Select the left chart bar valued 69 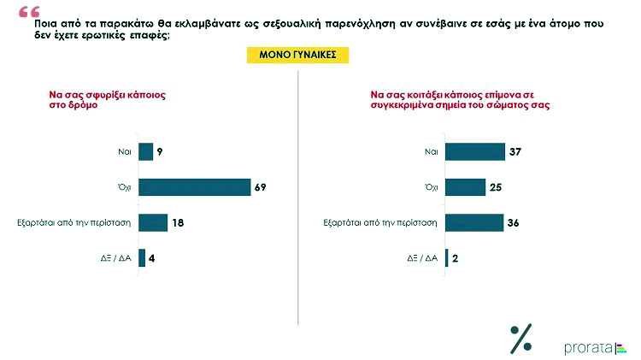[x=195, y=187]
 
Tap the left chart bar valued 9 [x=145, y=151]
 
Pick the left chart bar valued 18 [x=153, y=222]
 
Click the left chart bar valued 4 [x=142, y=258]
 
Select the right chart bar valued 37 [x=474, y=151]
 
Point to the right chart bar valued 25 [x=464, y=187]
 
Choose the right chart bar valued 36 [x=473, y=222]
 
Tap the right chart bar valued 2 [x=446, y=258]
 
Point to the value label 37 [x=514, y=151]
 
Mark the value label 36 [x=513, y=222]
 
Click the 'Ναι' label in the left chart [x=124, y=151]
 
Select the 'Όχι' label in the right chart [x=431, y=187]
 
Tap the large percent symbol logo [x=520, y=339]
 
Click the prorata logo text [x=588, y=347]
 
